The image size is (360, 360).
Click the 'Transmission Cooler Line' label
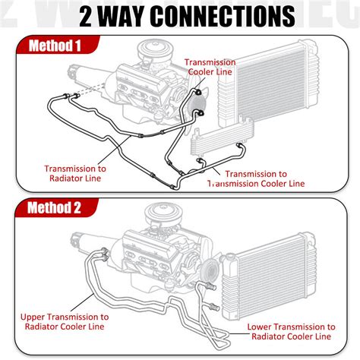210,68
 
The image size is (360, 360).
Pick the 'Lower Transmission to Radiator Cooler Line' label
289,330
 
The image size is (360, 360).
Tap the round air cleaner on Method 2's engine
161,215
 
